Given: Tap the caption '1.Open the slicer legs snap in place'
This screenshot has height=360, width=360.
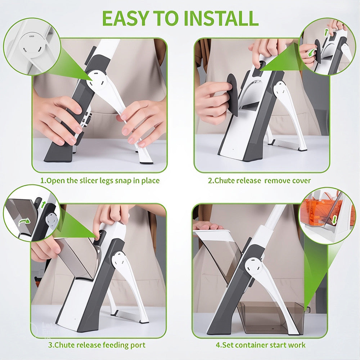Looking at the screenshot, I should pyautogui.click(x=100, y=180).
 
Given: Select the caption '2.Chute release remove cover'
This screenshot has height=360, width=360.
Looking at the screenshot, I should pyautogui.click(x=259, y=180).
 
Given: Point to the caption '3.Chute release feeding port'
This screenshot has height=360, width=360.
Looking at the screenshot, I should pyautogui.click(x=97, y=345).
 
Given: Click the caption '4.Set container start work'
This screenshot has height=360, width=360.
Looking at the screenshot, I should pyautogui.click(x=261, y=345).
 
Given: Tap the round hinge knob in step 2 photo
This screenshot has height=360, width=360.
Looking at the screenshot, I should pyautogui.click(x=280, y=89).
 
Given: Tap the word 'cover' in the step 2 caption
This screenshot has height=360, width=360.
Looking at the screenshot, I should pyautogui.click(x=301, y=180).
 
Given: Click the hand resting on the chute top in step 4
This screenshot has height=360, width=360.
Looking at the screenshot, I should pyautogui.click(x=207, y=226).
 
